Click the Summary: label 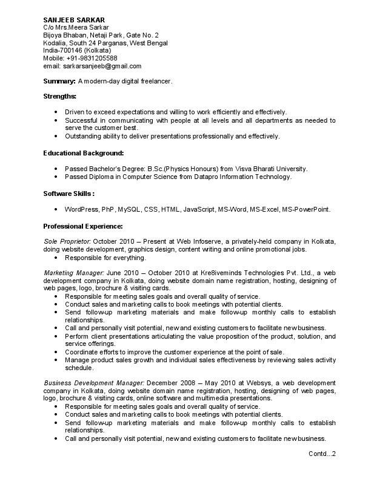coord(59,81)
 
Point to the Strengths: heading coord(59,96)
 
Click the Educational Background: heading coord(83,153)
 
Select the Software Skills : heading coord(69,194)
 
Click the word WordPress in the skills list coord(81,209)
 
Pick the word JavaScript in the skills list coord(199,209)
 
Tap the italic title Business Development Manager coord(94,383)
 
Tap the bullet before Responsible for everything coord(56,257)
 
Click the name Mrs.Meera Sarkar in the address coord(81,27)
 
